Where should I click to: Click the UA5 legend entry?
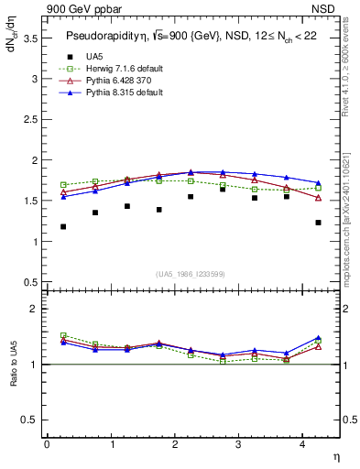(x=93, y=57)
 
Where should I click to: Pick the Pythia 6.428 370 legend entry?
(x=117, y=81)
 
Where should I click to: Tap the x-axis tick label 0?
(x=47, y=444)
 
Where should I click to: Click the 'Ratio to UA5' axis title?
(x=14, y=377)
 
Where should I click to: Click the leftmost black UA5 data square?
(x=63, y=226)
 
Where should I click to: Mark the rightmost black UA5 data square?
(x=318, y=223)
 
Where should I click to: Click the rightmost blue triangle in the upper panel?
(x=318, y=183)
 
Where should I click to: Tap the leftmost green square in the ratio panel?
(x=63, y=335)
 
